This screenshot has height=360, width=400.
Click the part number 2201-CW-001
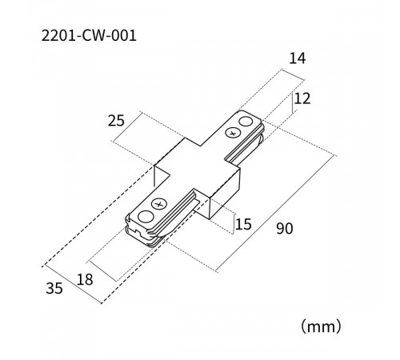89,35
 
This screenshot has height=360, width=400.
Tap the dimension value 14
298,58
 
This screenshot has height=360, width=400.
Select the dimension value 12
302,98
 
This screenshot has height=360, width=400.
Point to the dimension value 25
116,121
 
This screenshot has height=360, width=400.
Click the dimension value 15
243,224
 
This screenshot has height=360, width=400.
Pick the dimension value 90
285,229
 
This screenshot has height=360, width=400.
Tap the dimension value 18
85,280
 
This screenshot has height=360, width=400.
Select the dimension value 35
54,288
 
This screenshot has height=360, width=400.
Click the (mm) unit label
321,326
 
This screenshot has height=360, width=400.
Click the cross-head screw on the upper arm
233,133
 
